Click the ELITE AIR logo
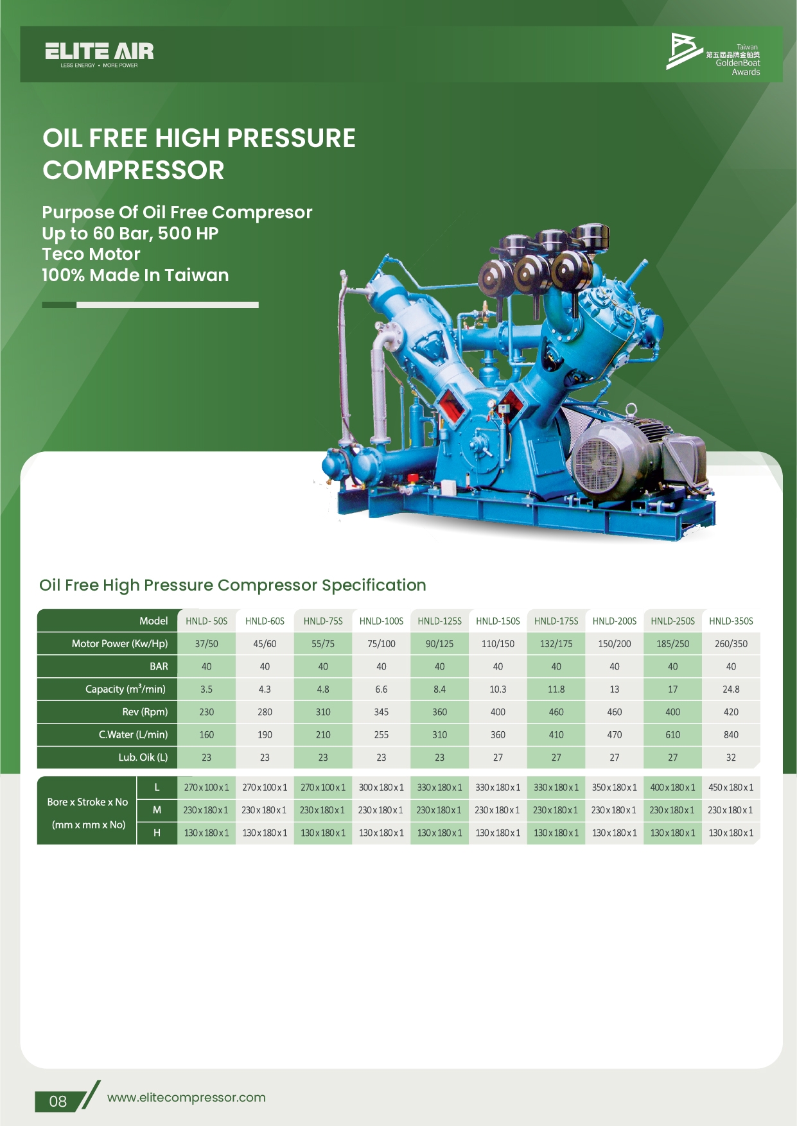click(x=100, y=55)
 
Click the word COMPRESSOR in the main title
click(x=134, y=170)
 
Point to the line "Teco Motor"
click(x=91, y=254)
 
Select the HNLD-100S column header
click(x=381, y=621)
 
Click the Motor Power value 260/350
click(x=731, y=643)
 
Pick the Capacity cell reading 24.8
click(x=731, y=689)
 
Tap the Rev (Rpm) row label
click(x=145, y=712)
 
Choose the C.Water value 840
click(x=731, y=734)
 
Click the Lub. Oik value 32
click(x=731, y=758)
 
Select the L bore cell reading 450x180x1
click(x=731, y=787)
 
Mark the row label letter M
click(x=157, y=810)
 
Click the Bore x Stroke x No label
click(x=87, y=802)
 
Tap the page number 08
click(x=58, y=1102)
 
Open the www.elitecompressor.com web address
click(x=186, y=1098)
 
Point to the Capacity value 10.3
click(x=498, y=689)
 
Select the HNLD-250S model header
click(x=672, y=621)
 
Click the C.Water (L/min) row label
click(x=133, y=734)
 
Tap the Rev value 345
click(x=381, y=712)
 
